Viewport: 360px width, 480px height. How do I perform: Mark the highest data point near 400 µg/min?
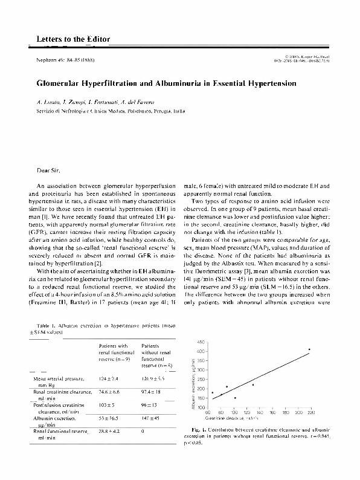[x=309, y=349]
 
